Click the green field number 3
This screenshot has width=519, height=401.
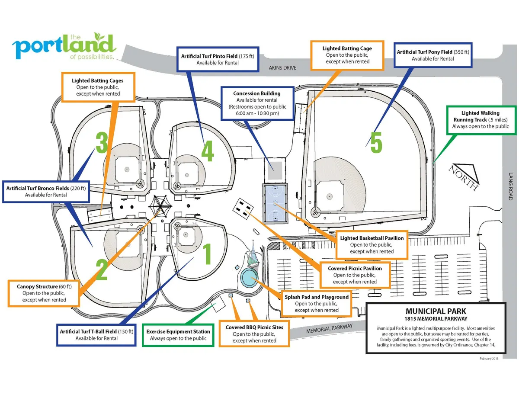102,143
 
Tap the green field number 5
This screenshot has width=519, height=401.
376,143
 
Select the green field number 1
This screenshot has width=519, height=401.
207,254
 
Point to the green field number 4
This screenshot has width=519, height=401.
207,151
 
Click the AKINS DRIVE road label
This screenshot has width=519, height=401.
282,68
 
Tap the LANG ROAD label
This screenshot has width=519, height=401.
510,186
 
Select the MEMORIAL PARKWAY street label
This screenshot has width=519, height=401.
330,329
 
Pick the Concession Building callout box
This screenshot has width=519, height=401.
257,103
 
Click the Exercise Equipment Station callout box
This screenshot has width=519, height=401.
178,335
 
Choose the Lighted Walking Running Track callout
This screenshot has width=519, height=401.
481,120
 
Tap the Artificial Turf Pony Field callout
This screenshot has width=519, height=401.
433,55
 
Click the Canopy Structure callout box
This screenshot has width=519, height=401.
44,293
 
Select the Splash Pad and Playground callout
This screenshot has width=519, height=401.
317,304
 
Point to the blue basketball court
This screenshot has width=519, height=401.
275,203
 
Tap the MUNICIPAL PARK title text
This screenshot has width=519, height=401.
436,311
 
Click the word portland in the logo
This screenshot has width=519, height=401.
63,47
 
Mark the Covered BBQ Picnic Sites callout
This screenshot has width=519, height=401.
254,334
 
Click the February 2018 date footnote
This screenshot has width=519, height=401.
489,359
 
